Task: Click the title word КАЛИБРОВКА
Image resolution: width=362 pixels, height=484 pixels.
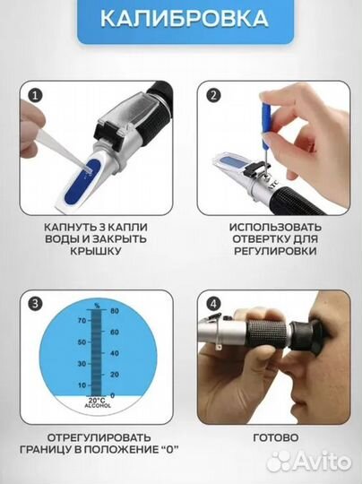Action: click(185, 19)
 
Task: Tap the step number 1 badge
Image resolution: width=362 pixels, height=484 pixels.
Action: click(36, 95)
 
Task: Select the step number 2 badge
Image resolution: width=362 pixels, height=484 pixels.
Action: click(213, 95)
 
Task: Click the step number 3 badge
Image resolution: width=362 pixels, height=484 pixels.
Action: click(36, 304)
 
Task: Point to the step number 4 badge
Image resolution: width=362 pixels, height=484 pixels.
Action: click(213, 304)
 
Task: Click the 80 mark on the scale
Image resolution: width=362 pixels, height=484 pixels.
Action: click(114, 310)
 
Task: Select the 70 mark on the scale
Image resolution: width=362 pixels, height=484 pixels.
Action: click(82, 321)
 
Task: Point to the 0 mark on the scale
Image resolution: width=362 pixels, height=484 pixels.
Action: click(112, 395)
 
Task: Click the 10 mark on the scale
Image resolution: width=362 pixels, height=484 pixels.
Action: click(82, 385)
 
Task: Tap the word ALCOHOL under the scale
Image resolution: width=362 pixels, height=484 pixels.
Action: click(98, 406)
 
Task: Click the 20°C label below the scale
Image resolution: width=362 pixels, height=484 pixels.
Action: click(98, 401)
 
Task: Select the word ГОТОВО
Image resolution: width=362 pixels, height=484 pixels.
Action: click(276, 437)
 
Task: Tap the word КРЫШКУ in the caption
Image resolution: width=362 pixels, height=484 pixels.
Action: click(96, 251)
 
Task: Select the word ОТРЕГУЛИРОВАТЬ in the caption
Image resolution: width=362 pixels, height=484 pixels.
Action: click(99, 437)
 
